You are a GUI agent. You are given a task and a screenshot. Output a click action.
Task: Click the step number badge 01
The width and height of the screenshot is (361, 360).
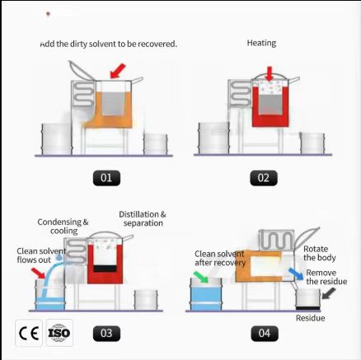coord(106,178)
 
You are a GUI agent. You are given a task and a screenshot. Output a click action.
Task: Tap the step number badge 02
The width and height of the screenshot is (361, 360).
coord(264,178)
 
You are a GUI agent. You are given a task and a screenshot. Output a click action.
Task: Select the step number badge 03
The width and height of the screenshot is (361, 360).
coord(106,334)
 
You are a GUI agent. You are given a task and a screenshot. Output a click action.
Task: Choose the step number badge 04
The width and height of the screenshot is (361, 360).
coord(265,333)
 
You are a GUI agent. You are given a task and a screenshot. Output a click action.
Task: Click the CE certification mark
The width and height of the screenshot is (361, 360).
coord(29,333)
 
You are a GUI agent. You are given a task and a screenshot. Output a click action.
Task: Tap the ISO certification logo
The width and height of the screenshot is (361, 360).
coord(59,333)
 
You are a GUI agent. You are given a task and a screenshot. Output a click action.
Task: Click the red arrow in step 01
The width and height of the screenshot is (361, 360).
coord(118,71)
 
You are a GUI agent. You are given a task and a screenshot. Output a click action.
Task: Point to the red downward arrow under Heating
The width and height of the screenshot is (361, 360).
coord(270,73)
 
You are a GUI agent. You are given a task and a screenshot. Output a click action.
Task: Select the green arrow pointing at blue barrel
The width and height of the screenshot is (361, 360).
coord(201,277)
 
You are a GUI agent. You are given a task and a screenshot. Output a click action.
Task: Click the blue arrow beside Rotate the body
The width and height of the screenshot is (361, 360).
coord(296,274)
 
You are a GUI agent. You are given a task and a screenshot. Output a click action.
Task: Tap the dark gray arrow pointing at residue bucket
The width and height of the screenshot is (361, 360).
coord(329,293)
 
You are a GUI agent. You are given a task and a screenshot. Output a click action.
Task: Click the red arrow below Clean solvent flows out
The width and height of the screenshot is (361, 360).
coord(38,274)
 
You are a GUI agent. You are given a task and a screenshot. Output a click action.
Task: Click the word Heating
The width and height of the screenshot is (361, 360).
coord(261,43)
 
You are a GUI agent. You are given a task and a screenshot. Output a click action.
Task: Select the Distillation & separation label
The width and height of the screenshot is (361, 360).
coord(143,218)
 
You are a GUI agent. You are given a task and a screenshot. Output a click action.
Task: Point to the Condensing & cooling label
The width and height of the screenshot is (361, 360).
coord(63,227)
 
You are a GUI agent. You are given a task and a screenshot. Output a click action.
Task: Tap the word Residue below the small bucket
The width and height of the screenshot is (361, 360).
coord(311,318)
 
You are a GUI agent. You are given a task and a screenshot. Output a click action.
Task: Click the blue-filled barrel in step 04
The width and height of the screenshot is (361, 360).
coord(206,294)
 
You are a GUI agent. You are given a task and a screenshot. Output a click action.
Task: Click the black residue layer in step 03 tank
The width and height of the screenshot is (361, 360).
coord(105,269)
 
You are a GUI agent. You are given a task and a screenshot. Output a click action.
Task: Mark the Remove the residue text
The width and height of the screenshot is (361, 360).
coord(326,277)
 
